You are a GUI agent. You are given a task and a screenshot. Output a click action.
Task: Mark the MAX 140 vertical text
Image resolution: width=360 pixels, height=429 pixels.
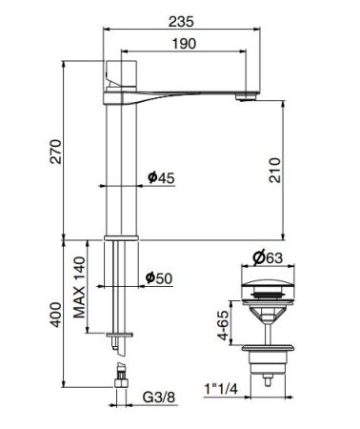click(x=81, y=283)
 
